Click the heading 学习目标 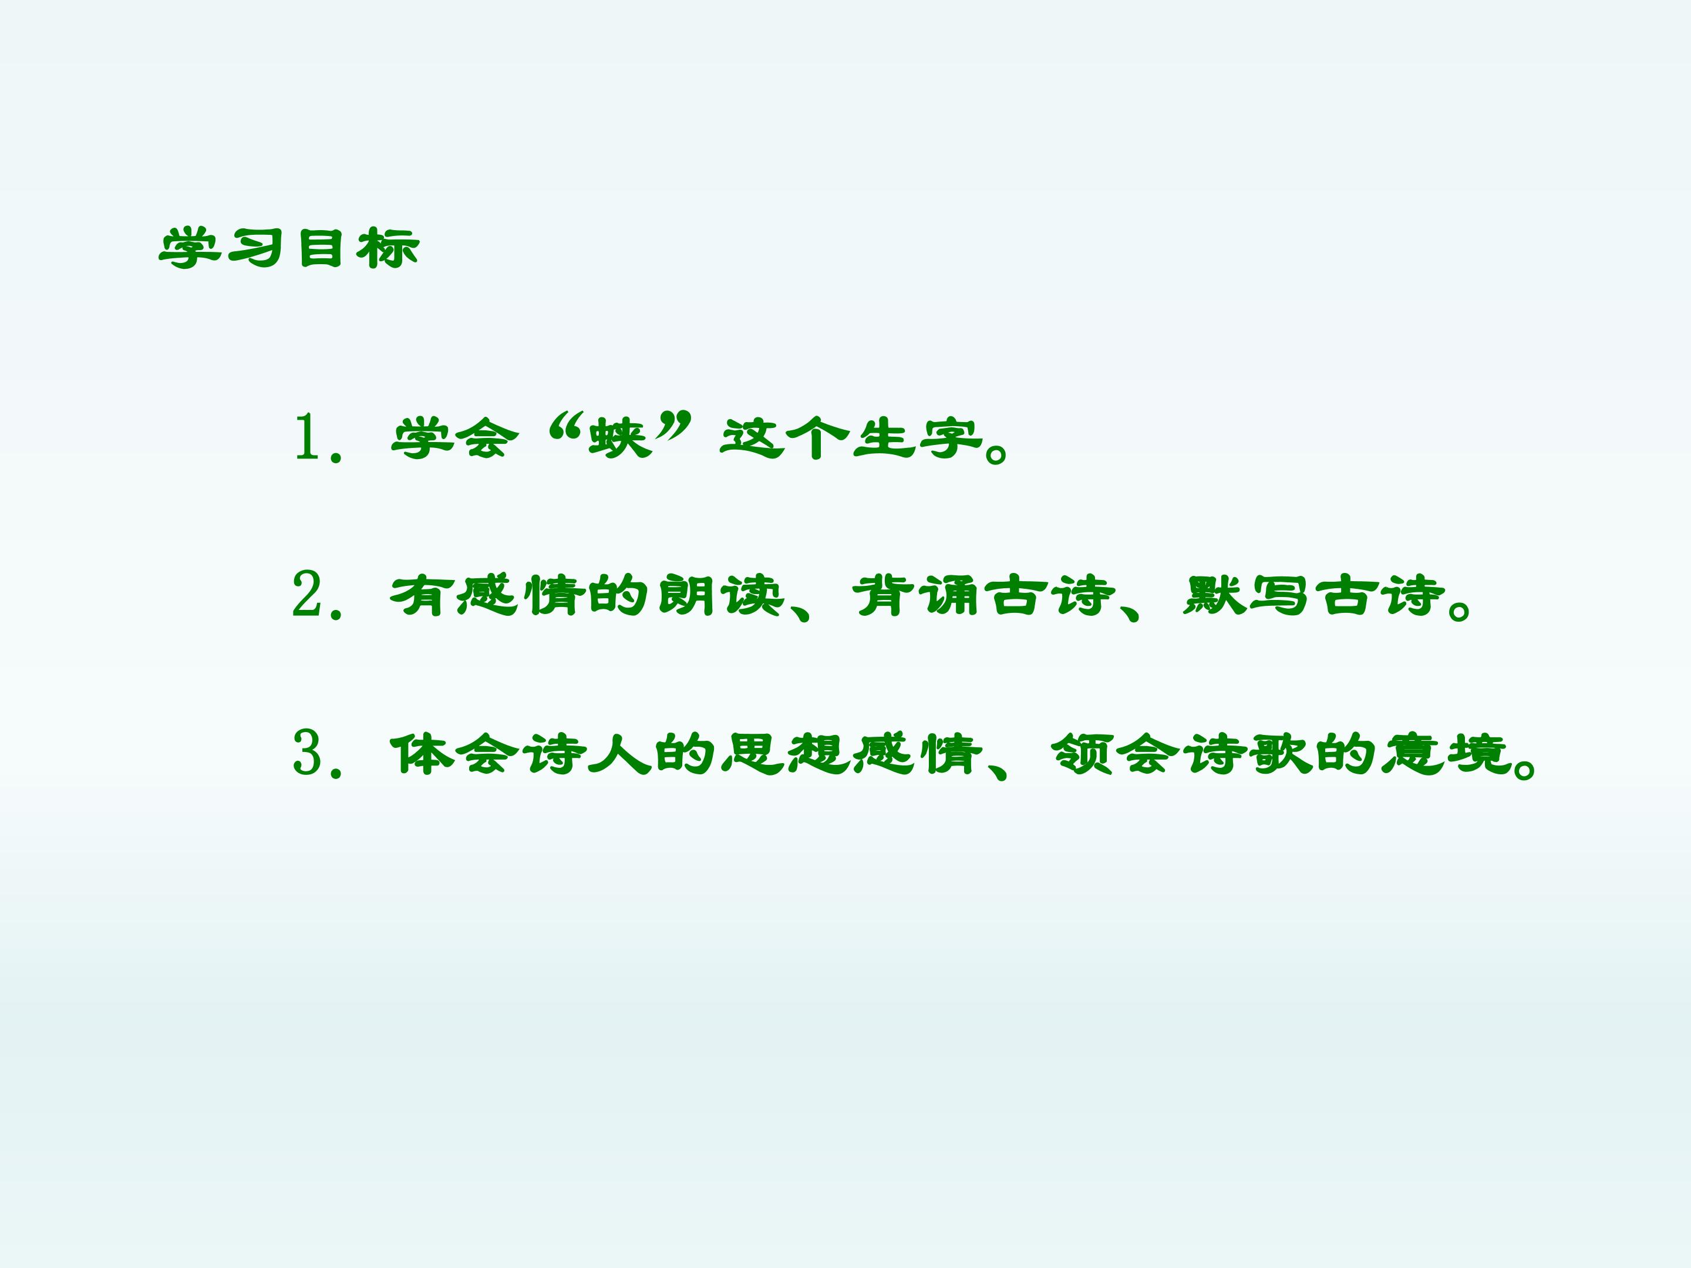289,248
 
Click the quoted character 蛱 620,438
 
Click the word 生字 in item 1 917,438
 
